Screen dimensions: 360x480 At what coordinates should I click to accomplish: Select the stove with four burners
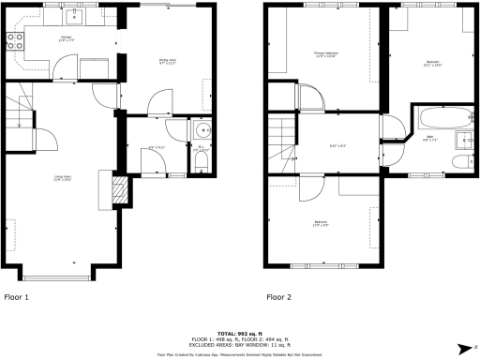tap(15, 40)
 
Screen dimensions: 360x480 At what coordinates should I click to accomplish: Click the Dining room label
tap(167, 62)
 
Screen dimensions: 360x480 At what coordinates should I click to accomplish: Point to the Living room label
tap(63, 177)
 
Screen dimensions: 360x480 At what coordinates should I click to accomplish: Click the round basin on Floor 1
tap(201, 130)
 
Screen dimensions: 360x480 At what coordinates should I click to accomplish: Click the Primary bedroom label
tap(325, 54)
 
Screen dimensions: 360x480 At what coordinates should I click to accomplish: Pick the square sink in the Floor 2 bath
tap(464, 142)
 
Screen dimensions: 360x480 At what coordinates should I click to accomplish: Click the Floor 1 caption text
tap(17, 297)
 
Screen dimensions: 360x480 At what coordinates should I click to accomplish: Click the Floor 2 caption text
tap(278, 297)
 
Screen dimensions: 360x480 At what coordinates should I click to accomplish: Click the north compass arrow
tap(465, 348)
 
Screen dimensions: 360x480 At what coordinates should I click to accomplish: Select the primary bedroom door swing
tap(306, 97)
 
